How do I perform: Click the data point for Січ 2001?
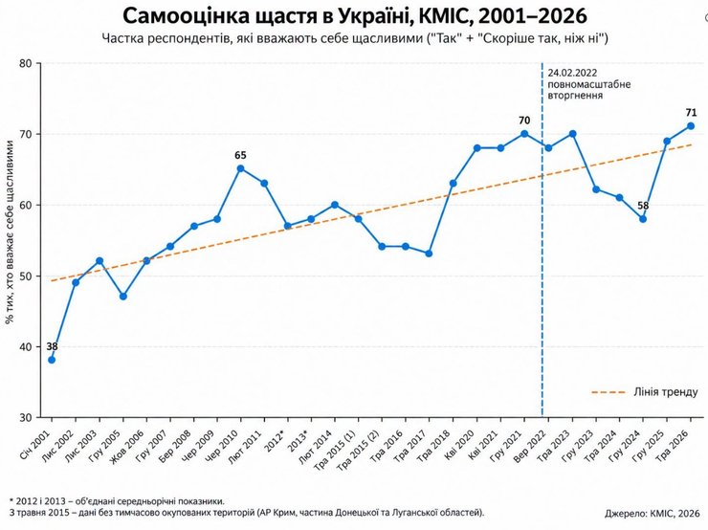click(x=52, y=360)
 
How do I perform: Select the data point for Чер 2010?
click(x=241, y=168)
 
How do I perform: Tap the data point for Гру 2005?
click(x=122, y=297)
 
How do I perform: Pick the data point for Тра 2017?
click(x=429, y=254)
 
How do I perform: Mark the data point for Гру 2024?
click(x=643, y=219)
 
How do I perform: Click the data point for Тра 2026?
click(x=691, y=126)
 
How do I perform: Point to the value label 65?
click(x=241, y=155)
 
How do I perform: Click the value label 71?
click(x=691, y=113)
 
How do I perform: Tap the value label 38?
click(x=52, y=346)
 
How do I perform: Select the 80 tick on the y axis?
click(x=26, y=63)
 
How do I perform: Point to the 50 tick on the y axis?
click(x=26, y=276)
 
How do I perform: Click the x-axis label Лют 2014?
click(x=316, y=447)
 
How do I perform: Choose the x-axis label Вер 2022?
click(x=530, y=447)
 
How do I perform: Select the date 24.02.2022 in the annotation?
click(x=572, y=73)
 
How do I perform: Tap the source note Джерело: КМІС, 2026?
click(x=652, y=514)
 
